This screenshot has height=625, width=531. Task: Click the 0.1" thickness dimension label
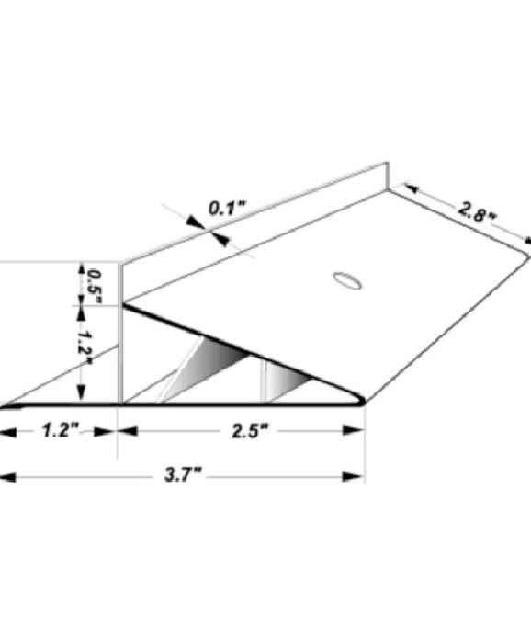point(225,207)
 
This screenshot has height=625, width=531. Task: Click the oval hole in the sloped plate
point(348,279)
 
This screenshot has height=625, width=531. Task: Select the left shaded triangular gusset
point(209,366)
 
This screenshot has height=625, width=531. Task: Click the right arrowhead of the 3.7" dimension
point(354,476)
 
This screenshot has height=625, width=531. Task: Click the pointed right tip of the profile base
point(364,402)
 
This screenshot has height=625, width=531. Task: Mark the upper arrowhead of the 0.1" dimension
point(195,220)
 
